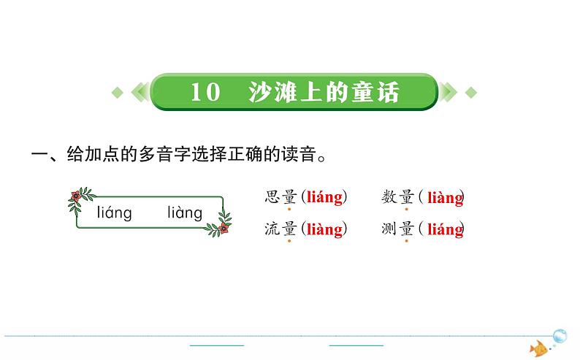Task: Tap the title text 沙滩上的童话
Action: tap(324, 92)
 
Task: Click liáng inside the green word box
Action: tap(114, 213)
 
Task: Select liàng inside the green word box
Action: tap(184, 213)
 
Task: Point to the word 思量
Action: tap(281, 196)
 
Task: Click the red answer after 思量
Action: tap(324, 196)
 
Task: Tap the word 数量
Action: tap(397, 196)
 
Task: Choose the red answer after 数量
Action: tap(445, 197)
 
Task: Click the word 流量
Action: tap(281, 229)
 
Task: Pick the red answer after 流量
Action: tap(324, 229)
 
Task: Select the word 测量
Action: tap(397, 229)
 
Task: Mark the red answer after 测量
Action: tap(445, 229)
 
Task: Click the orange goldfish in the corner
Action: tap(539, 348)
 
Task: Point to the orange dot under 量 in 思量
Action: tap(289, 209)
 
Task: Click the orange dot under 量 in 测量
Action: tap(406, 241)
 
